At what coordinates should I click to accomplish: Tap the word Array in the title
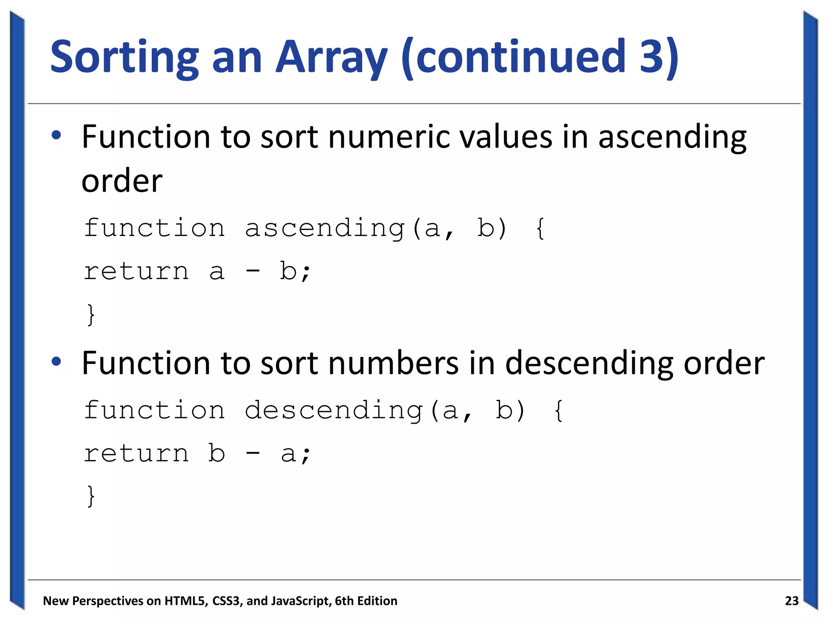[332, 57]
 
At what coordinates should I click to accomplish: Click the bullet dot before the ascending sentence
[57, 135]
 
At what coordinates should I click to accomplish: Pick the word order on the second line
[122, 181]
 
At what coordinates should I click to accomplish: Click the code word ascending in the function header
[325, 228]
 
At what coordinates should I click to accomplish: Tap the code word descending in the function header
[334, 411]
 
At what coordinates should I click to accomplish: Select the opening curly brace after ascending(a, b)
[541, 228]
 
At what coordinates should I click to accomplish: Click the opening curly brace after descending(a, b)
[559, 411]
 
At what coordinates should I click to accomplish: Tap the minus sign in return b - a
[253, 452]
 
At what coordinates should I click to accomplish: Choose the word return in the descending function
[136, 453]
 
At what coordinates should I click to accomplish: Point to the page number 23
[792, 601]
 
